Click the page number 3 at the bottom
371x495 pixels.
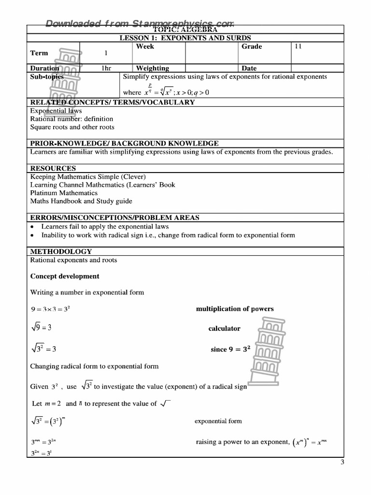(x=342, y=463)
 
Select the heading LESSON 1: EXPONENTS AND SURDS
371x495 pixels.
(x=185, y=38)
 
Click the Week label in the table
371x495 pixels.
(x=145, y=47)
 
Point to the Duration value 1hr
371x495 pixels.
(x=106, y=68)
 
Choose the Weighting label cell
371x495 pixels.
(x=153, y=68)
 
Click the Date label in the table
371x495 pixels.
(x=249, y=68)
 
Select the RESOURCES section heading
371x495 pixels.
(x=53, y=168)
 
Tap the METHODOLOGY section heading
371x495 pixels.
(x=61, y=251)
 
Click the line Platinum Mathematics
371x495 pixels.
(x=64, y=193)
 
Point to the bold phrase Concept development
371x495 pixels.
(x=65, y=277)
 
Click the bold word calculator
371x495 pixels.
(x=224, y=329)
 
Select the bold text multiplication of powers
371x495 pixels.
(x=235, y=309)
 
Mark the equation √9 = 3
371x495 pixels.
(x=41, y=328)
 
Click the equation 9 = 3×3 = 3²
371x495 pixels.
(x=50, y=309)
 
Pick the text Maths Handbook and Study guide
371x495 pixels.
(x=81, y=201)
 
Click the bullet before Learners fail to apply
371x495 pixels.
(x=32, y=227)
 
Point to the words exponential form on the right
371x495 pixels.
(x=218, y=421)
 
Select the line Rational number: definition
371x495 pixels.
(x=71, y=119)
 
